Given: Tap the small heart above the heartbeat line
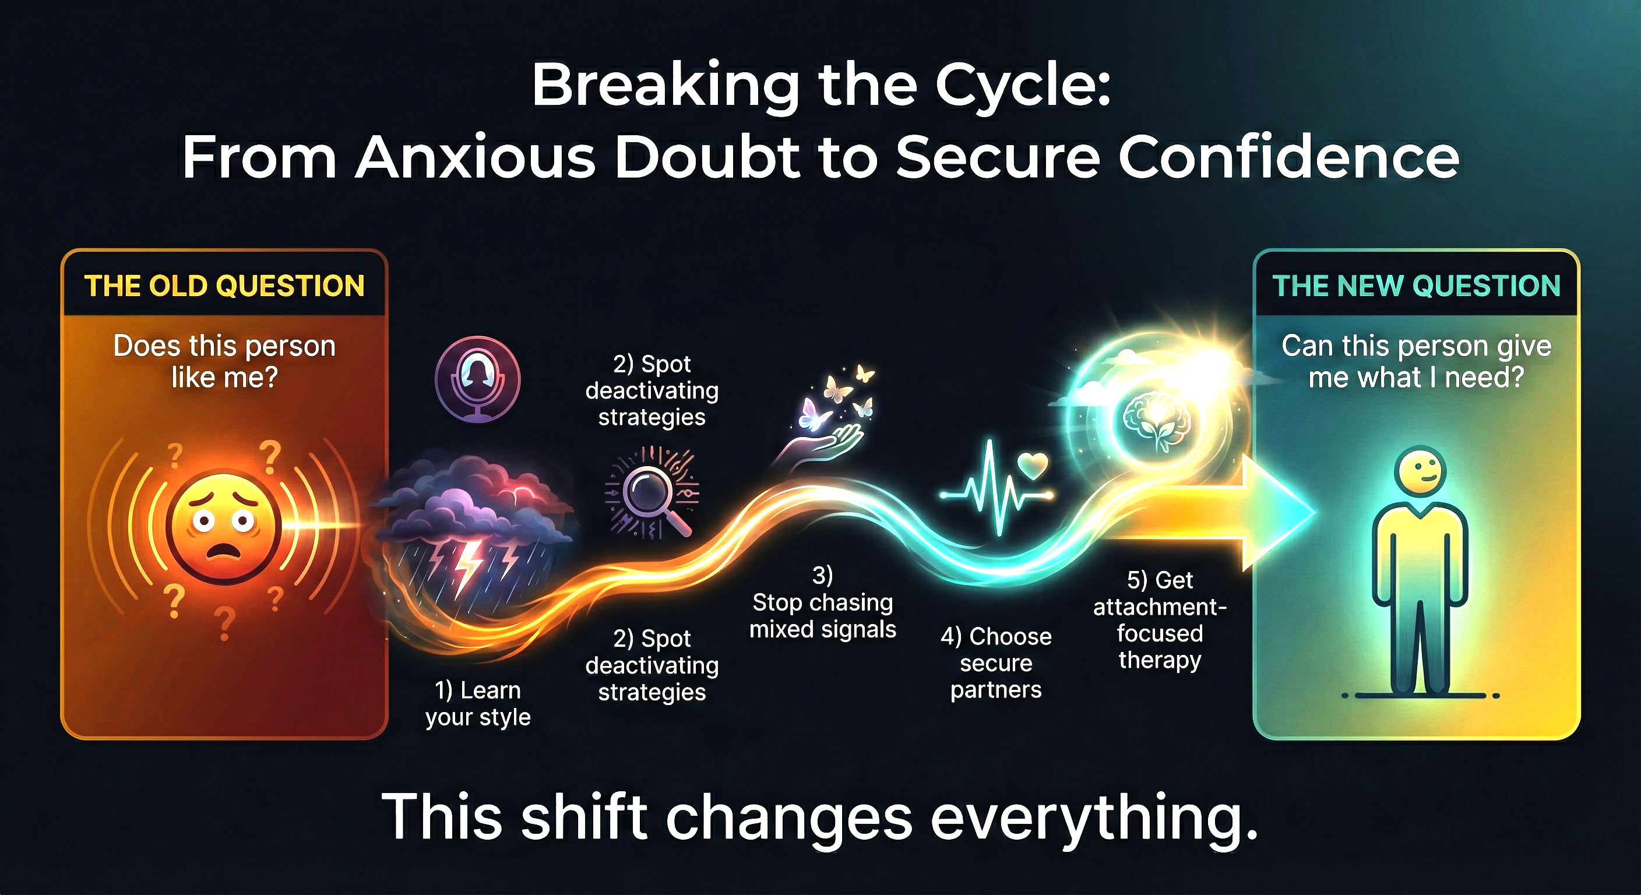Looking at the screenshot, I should [1033, 466].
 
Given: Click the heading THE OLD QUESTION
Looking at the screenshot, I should [224, 286].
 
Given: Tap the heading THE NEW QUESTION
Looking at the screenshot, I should [1416, 286].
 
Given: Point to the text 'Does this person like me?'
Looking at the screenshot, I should [224, 361].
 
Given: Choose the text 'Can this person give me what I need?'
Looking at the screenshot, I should [1416, 361].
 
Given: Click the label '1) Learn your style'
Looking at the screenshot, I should [478, 703].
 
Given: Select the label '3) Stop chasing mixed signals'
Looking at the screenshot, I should [822, 602].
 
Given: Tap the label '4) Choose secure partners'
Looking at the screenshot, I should [996, 663].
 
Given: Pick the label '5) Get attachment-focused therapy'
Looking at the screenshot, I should [1160, 620].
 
